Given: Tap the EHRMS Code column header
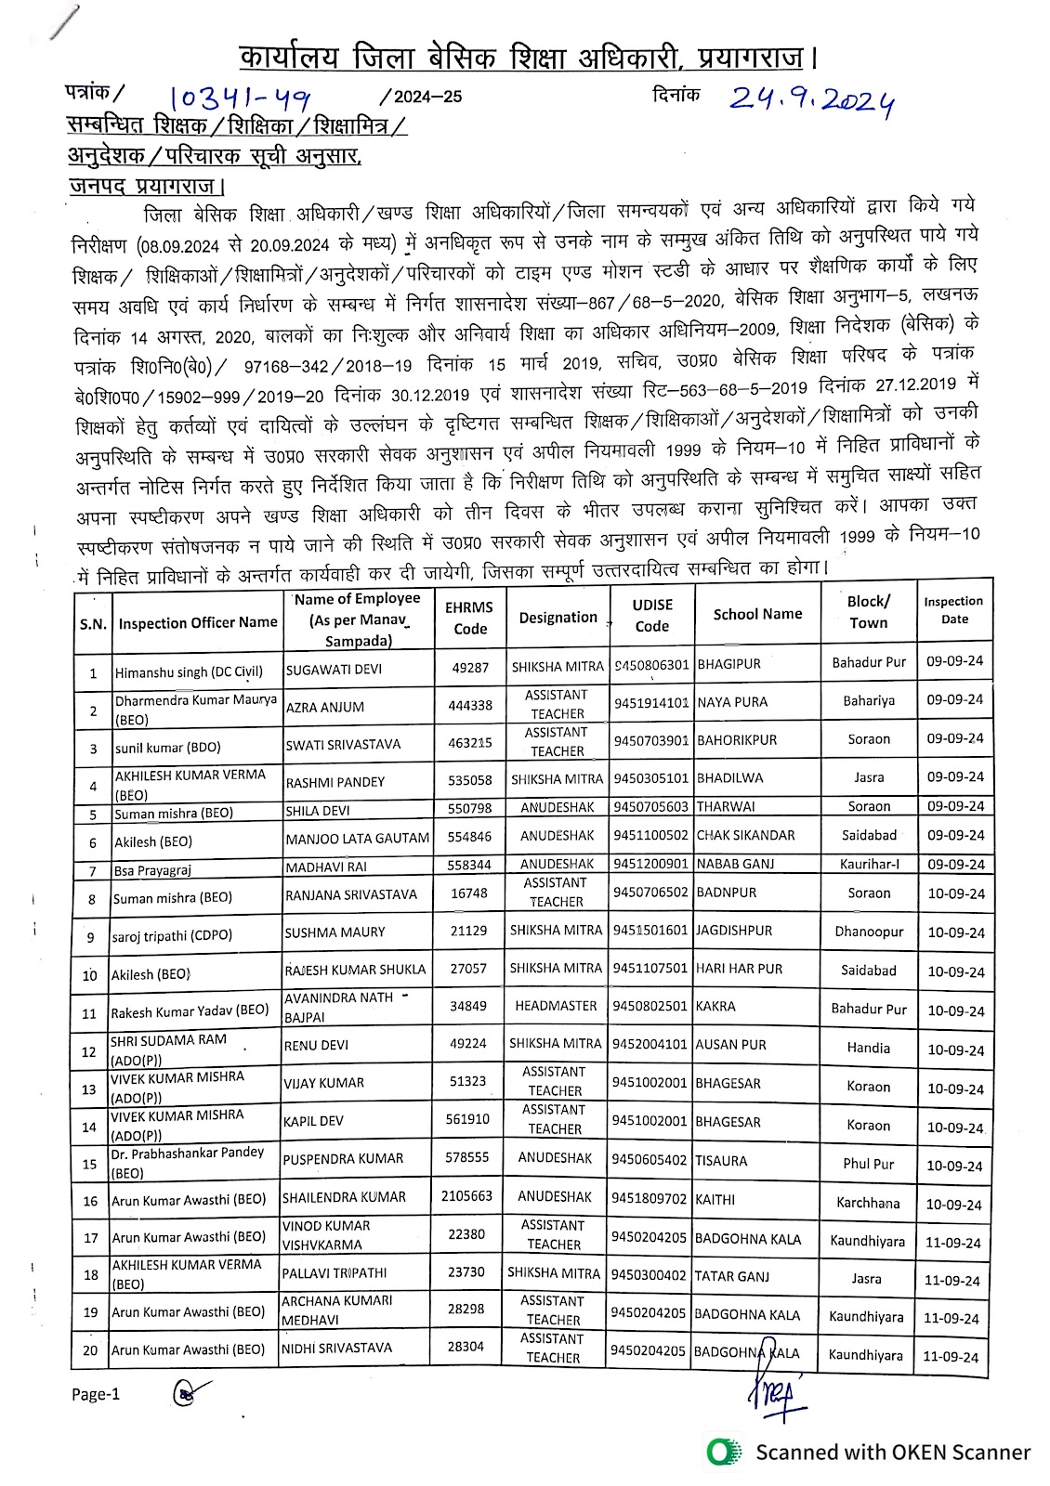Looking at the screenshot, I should click(470, 618).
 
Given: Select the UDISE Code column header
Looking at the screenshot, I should click(651, 615).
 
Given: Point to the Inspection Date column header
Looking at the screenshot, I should click(953, 610).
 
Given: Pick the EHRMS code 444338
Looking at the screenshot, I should click(470, 706).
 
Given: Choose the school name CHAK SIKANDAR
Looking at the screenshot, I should click(745, 835).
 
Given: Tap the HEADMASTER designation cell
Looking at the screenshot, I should click(556, 1006).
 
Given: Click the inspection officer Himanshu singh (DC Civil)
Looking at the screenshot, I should click(189, 671).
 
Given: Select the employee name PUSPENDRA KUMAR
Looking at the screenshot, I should click(343, 1159).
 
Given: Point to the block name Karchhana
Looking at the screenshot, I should click(868, 1203).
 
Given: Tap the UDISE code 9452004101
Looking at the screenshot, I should click(650, 1044).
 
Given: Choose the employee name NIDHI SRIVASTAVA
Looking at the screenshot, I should click(337, 1348).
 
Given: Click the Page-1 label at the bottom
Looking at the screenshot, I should click(96, 1394).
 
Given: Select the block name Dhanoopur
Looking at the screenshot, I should click(869, 932).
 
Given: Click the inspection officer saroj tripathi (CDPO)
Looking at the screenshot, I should click(172, 936).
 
